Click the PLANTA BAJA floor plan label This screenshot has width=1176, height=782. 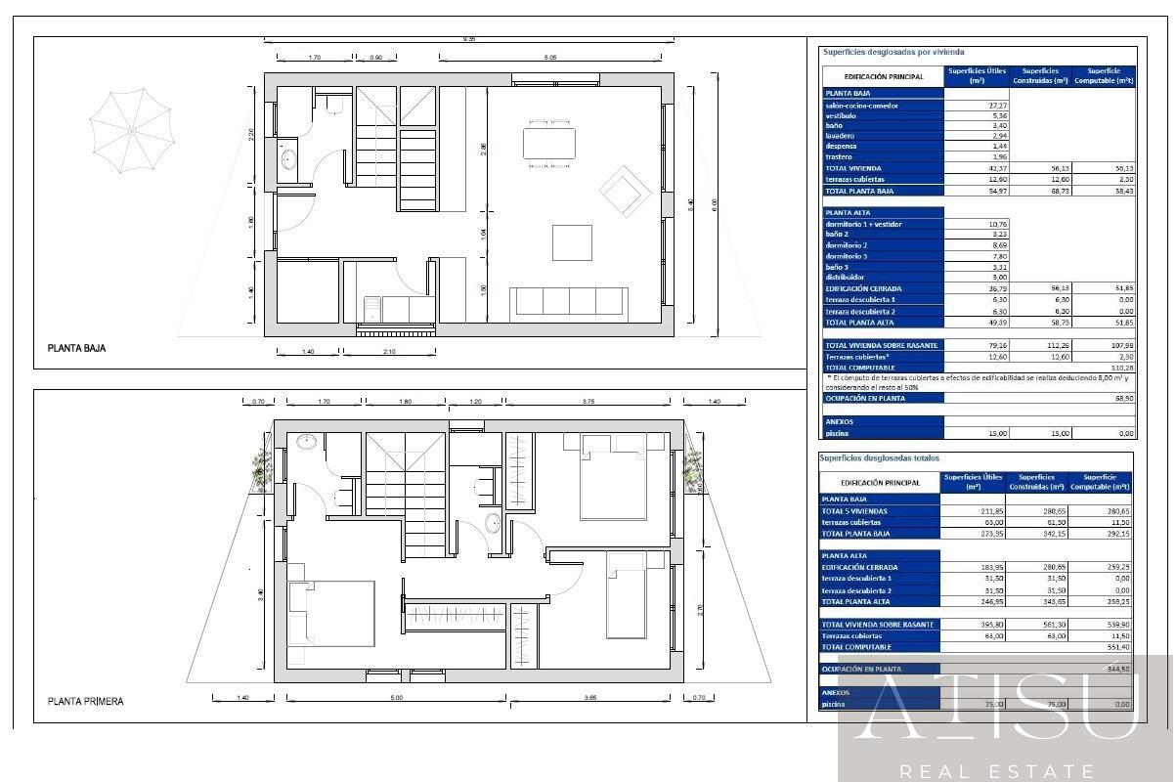(x=76, y=347)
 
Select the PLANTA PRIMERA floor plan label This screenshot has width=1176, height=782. (x=86, y=701)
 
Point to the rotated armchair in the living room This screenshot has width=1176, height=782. (x=622, y=191)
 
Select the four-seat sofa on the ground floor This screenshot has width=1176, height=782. (x=570, y=301)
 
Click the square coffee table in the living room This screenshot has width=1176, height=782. (x=572, y=241)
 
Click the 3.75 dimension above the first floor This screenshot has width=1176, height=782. (x=588, y=402)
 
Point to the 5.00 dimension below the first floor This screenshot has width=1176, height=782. (x=396, y=698)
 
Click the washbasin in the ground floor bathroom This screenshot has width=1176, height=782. (x=289, y=158)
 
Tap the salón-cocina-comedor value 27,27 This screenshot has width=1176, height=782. (x=971, y=106)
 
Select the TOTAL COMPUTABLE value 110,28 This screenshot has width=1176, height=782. (x=1122, y=367)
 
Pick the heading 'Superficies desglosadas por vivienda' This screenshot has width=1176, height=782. (x=893, y=51)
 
